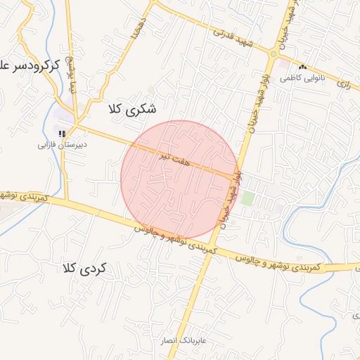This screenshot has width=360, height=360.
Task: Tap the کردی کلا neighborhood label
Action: click(83, 268)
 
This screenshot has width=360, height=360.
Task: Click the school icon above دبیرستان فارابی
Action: click(62, 133)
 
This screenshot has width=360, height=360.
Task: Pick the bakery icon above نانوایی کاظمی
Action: click(302, 67)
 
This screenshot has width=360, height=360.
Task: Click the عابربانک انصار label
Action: click(181, 340)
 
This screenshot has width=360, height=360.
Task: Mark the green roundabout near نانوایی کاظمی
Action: click(273, 53)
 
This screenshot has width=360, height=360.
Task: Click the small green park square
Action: click(247, 198)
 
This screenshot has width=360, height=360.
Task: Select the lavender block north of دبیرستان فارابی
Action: click(65, 112)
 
